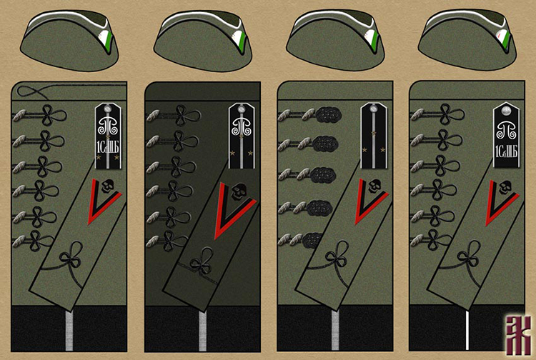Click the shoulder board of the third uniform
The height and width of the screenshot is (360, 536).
[x=374, y=136]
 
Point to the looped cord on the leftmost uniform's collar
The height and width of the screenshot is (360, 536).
[x=36, y=91]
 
